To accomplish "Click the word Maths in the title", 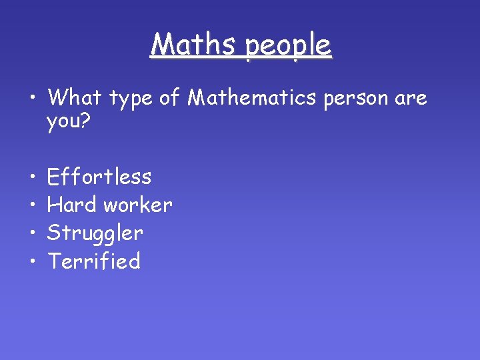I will [x=193, y=45].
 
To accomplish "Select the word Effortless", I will [x=99, y=177].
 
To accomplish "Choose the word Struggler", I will [x=95, y=233].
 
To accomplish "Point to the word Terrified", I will [x=94, y=261].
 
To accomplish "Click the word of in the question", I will [x=170, y=98].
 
